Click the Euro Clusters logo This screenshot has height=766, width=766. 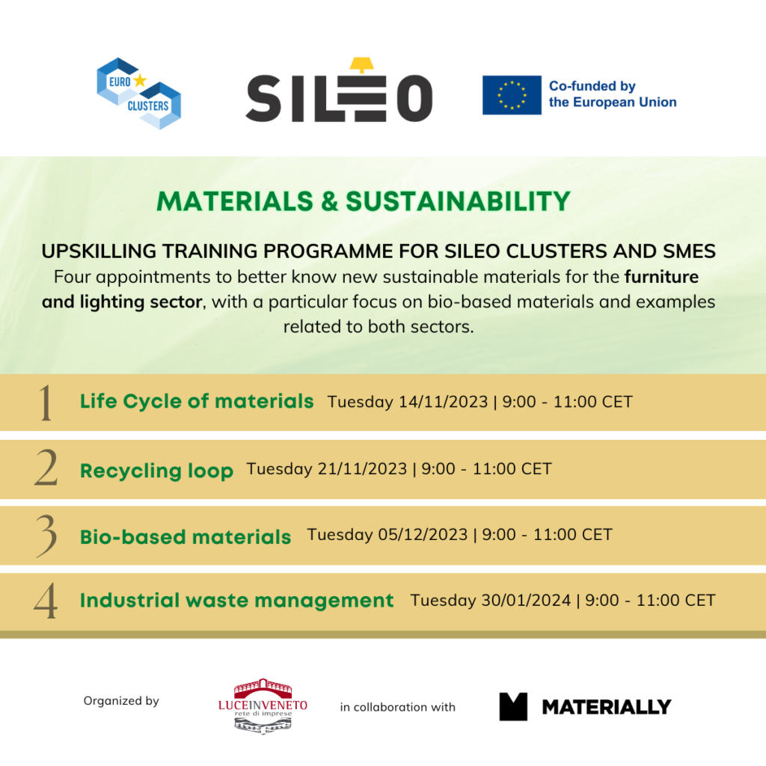click(138, 94)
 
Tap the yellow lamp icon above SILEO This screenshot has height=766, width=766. click(361, 65)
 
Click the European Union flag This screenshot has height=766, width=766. click(512, 95)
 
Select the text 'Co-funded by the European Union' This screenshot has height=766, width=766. click(612, 94)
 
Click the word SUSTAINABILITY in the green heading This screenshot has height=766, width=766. click(459, 200)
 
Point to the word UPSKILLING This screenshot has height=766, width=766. click(99, 251)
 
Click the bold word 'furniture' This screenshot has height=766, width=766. click(661, 277)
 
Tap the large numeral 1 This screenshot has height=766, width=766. click(46, 402)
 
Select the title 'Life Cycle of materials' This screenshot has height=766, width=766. click(197, 401)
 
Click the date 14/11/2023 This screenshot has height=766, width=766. click(443, 402)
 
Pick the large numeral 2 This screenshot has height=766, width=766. click(46, 468)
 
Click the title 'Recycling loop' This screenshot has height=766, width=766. click(156, 471)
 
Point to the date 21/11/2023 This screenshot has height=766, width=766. click(362, 468)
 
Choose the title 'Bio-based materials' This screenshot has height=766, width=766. click(186, 537)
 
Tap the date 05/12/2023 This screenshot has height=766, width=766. click(423, 534)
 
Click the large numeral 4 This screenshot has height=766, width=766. click(46, 601)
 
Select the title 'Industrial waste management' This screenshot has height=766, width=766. click(236, 601)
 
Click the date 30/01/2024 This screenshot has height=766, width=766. click(526, 600)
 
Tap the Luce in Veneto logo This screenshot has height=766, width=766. click(263, 706)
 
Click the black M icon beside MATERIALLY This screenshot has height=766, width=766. click(513, 706)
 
